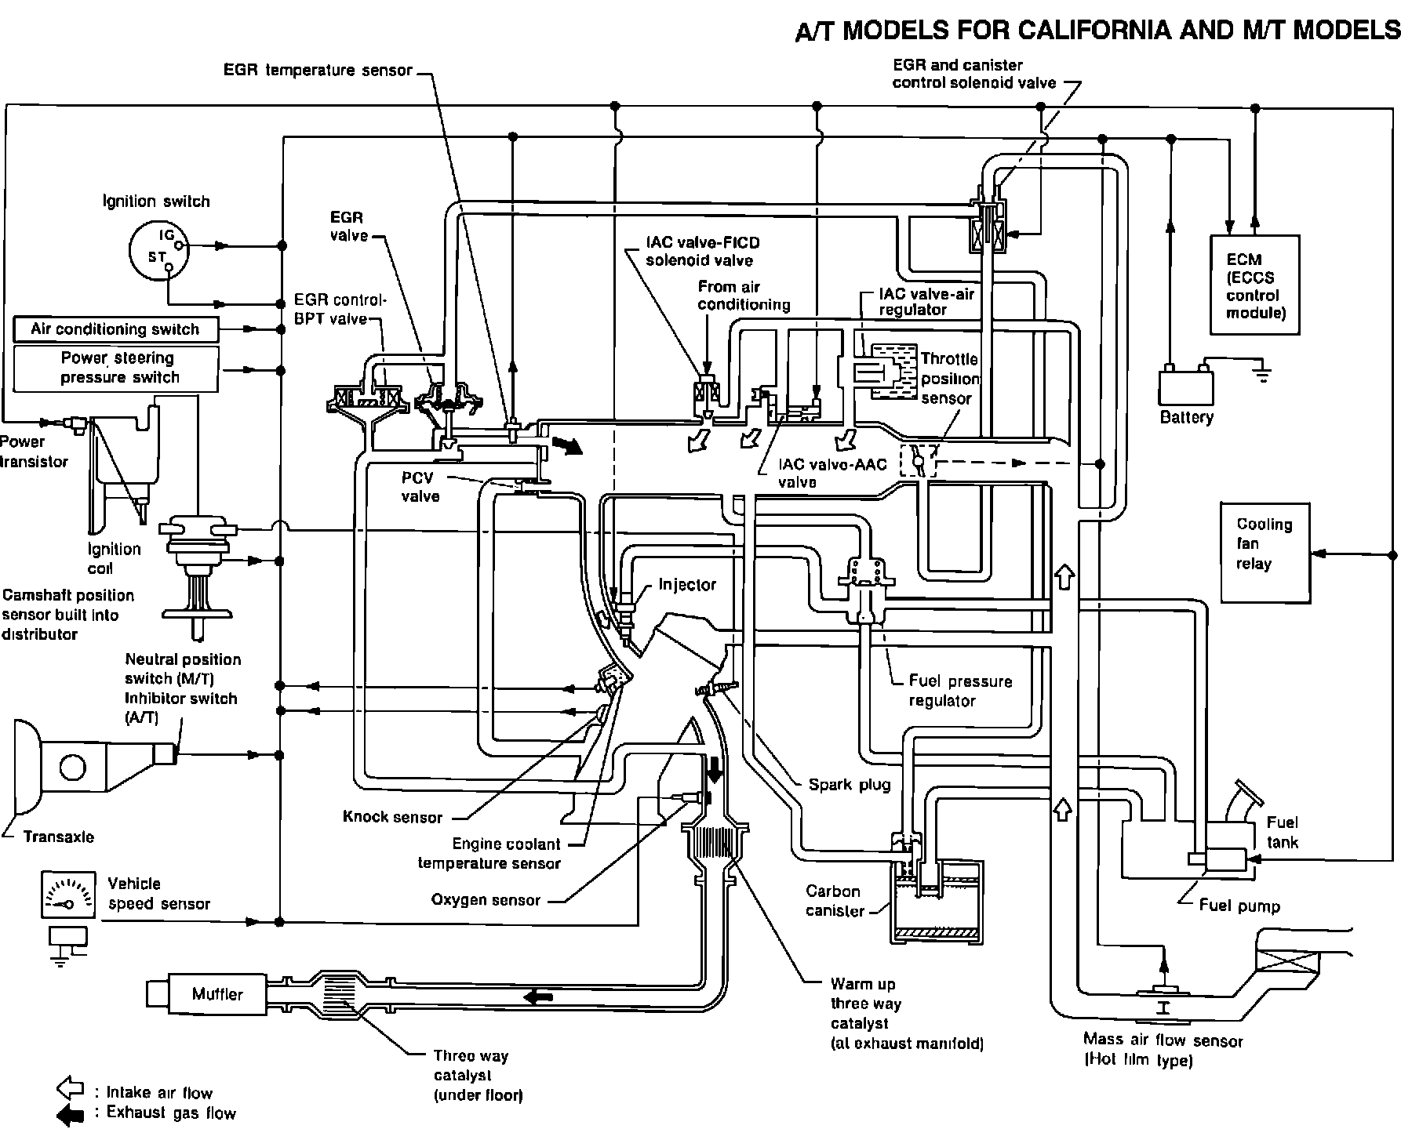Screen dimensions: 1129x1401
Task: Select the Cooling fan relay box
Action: tap(1264, 552)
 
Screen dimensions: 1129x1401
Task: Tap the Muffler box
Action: tap(217, 994)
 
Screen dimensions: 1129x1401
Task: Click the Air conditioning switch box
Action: tap(115, 329)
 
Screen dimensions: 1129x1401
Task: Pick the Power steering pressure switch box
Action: tap(116, 368)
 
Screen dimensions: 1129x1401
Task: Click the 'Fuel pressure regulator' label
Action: tap(959, 691)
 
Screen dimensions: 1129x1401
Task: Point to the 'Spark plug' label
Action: tap(850, 784)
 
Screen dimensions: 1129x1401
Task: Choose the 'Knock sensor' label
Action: tap(392, 817)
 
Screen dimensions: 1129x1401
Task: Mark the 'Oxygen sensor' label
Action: tap(486, 900)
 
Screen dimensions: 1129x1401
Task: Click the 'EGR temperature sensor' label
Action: tap(318, 71)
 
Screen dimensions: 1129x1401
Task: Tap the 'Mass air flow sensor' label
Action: tap(1163, 1041)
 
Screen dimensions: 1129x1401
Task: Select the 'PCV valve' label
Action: tap(420, 487)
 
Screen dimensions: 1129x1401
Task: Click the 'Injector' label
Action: tap(687, 585)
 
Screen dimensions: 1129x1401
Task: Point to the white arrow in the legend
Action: tap(71, 1088)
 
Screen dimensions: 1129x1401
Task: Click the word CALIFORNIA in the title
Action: tap(1094, 31)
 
